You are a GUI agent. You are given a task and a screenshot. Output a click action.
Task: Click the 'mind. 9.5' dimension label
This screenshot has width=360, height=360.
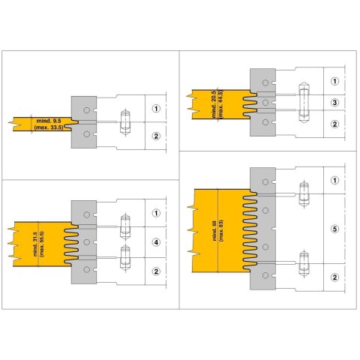tap(49, 121)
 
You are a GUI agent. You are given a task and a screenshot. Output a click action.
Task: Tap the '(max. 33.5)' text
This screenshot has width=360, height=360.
tap(49, 127)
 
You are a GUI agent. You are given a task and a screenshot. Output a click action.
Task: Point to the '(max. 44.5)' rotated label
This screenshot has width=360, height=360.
tap(220, 103)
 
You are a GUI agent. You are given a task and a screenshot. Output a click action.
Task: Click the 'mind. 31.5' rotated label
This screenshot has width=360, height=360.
tap(35, 244)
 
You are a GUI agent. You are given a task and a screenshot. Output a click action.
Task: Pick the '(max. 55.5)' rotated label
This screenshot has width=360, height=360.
tap(42, 244)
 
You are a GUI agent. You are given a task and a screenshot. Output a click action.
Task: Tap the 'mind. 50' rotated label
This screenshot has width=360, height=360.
tap(214, 231)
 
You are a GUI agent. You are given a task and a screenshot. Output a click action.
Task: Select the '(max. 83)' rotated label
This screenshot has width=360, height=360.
tap(221, 230)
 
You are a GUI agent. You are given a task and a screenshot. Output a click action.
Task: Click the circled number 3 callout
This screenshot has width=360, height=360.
tap(334, 103)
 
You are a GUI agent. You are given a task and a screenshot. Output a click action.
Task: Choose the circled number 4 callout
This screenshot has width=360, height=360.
tap(156, 242)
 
